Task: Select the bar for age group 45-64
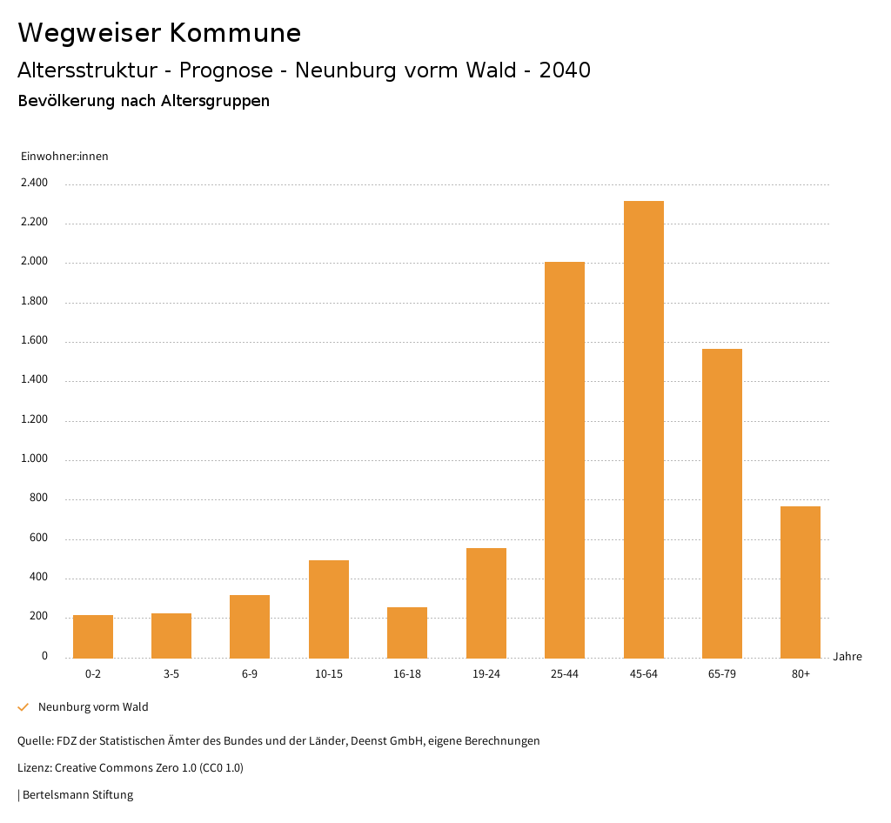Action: click(643, 430)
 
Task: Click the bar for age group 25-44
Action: click(565, 460)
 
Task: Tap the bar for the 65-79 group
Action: click(721, 504)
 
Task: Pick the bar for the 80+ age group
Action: click(801, 582)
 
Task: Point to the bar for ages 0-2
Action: click(93, 637)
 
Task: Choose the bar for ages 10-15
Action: click(329, 609)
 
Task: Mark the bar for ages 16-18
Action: click(407, 632)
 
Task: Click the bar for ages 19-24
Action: click(486, 603)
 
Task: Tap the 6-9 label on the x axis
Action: click(250, 674)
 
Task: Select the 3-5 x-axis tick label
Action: click(171, 674)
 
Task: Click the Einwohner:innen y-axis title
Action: click(64, 157)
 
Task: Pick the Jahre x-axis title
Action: click(847, 657)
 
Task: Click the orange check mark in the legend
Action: click(23, 707)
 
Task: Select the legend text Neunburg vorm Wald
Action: click(93, 707)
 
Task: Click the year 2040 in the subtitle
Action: click(565, 70)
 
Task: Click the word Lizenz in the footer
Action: click(34, 768)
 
